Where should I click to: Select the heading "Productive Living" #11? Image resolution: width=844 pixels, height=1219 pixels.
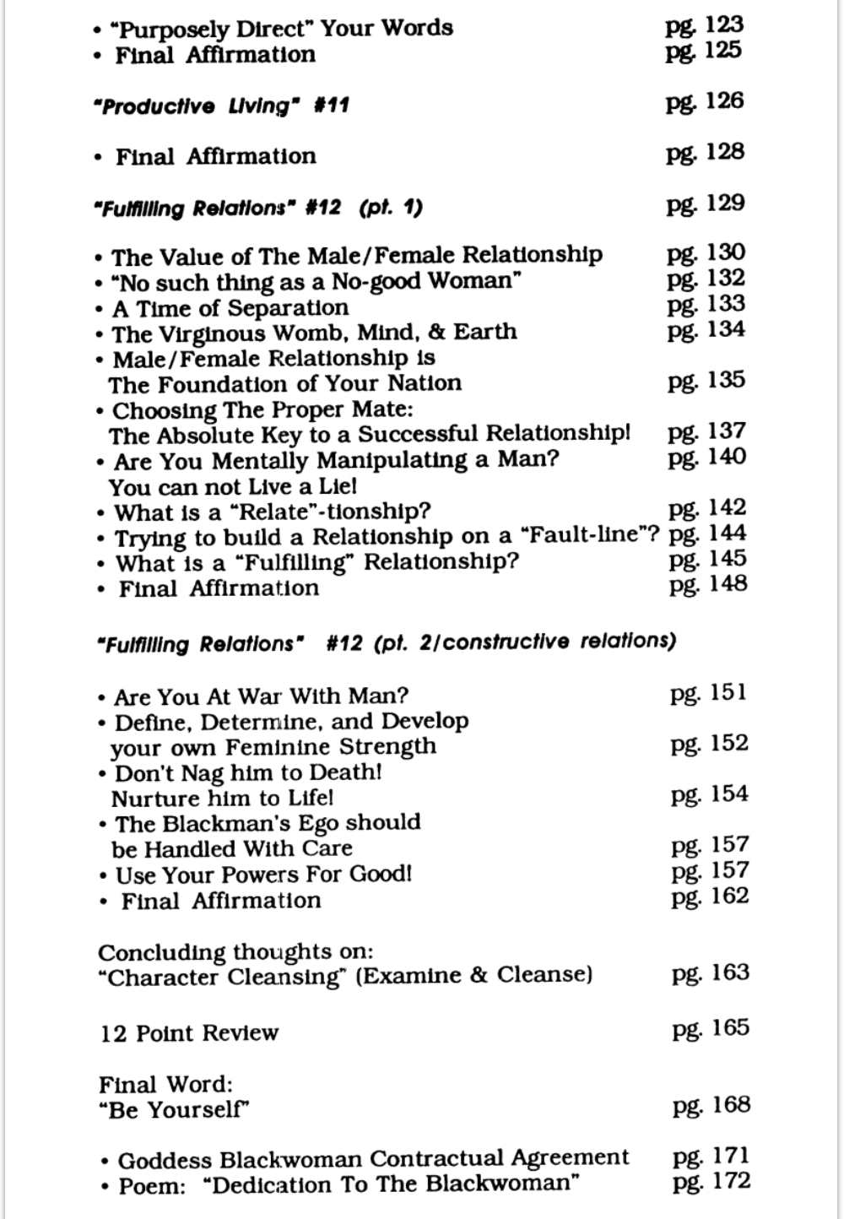(221, 106)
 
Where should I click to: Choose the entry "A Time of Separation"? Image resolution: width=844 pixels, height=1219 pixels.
(230, 308)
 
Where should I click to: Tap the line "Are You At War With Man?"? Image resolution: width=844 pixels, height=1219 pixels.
(261, 696)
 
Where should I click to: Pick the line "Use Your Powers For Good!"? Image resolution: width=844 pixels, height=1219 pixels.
(263, 875)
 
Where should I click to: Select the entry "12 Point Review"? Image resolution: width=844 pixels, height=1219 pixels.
(189, 1033)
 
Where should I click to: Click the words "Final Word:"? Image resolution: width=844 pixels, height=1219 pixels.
(165, 1084)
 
